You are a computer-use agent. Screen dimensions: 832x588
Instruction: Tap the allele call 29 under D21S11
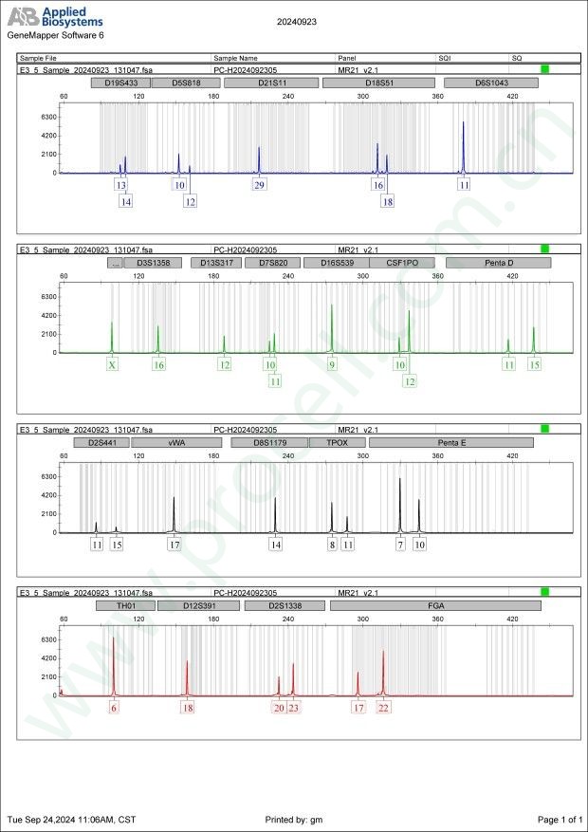tap(259, 185)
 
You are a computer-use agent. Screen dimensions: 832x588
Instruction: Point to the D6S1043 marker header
tap(491, 83)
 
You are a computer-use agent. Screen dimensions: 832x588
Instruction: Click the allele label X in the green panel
tap(112, 364)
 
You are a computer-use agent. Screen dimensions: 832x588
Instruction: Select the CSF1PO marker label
tap(401, 263)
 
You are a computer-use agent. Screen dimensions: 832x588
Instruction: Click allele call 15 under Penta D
tap(535, 364)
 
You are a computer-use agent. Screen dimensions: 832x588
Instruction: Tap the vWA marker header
tap(176, 443)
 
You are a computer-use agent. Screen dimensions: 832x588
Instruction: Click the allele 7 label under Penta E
tap(400, 545)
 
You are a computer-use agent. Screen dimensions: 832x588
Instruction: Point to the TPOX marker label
tap(338, 443)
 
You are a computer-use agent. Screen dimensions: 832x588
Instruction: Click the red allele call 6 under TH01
tap(114, 708)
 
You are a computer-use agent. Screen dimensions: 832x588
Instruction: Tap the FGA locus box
tap(435, 605)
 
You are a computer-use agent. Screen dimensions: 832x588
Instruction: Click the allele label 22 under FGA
tap(383, 708)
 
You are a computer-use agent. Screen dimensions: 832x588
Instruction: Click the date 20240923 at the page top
tap(296, 20)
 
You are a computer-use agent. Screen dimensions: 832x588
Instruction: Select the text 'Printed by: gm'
tap(295, 819)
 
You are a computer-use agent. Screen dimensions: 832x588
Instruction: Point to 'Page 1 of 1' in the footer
tap(559, 819)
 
